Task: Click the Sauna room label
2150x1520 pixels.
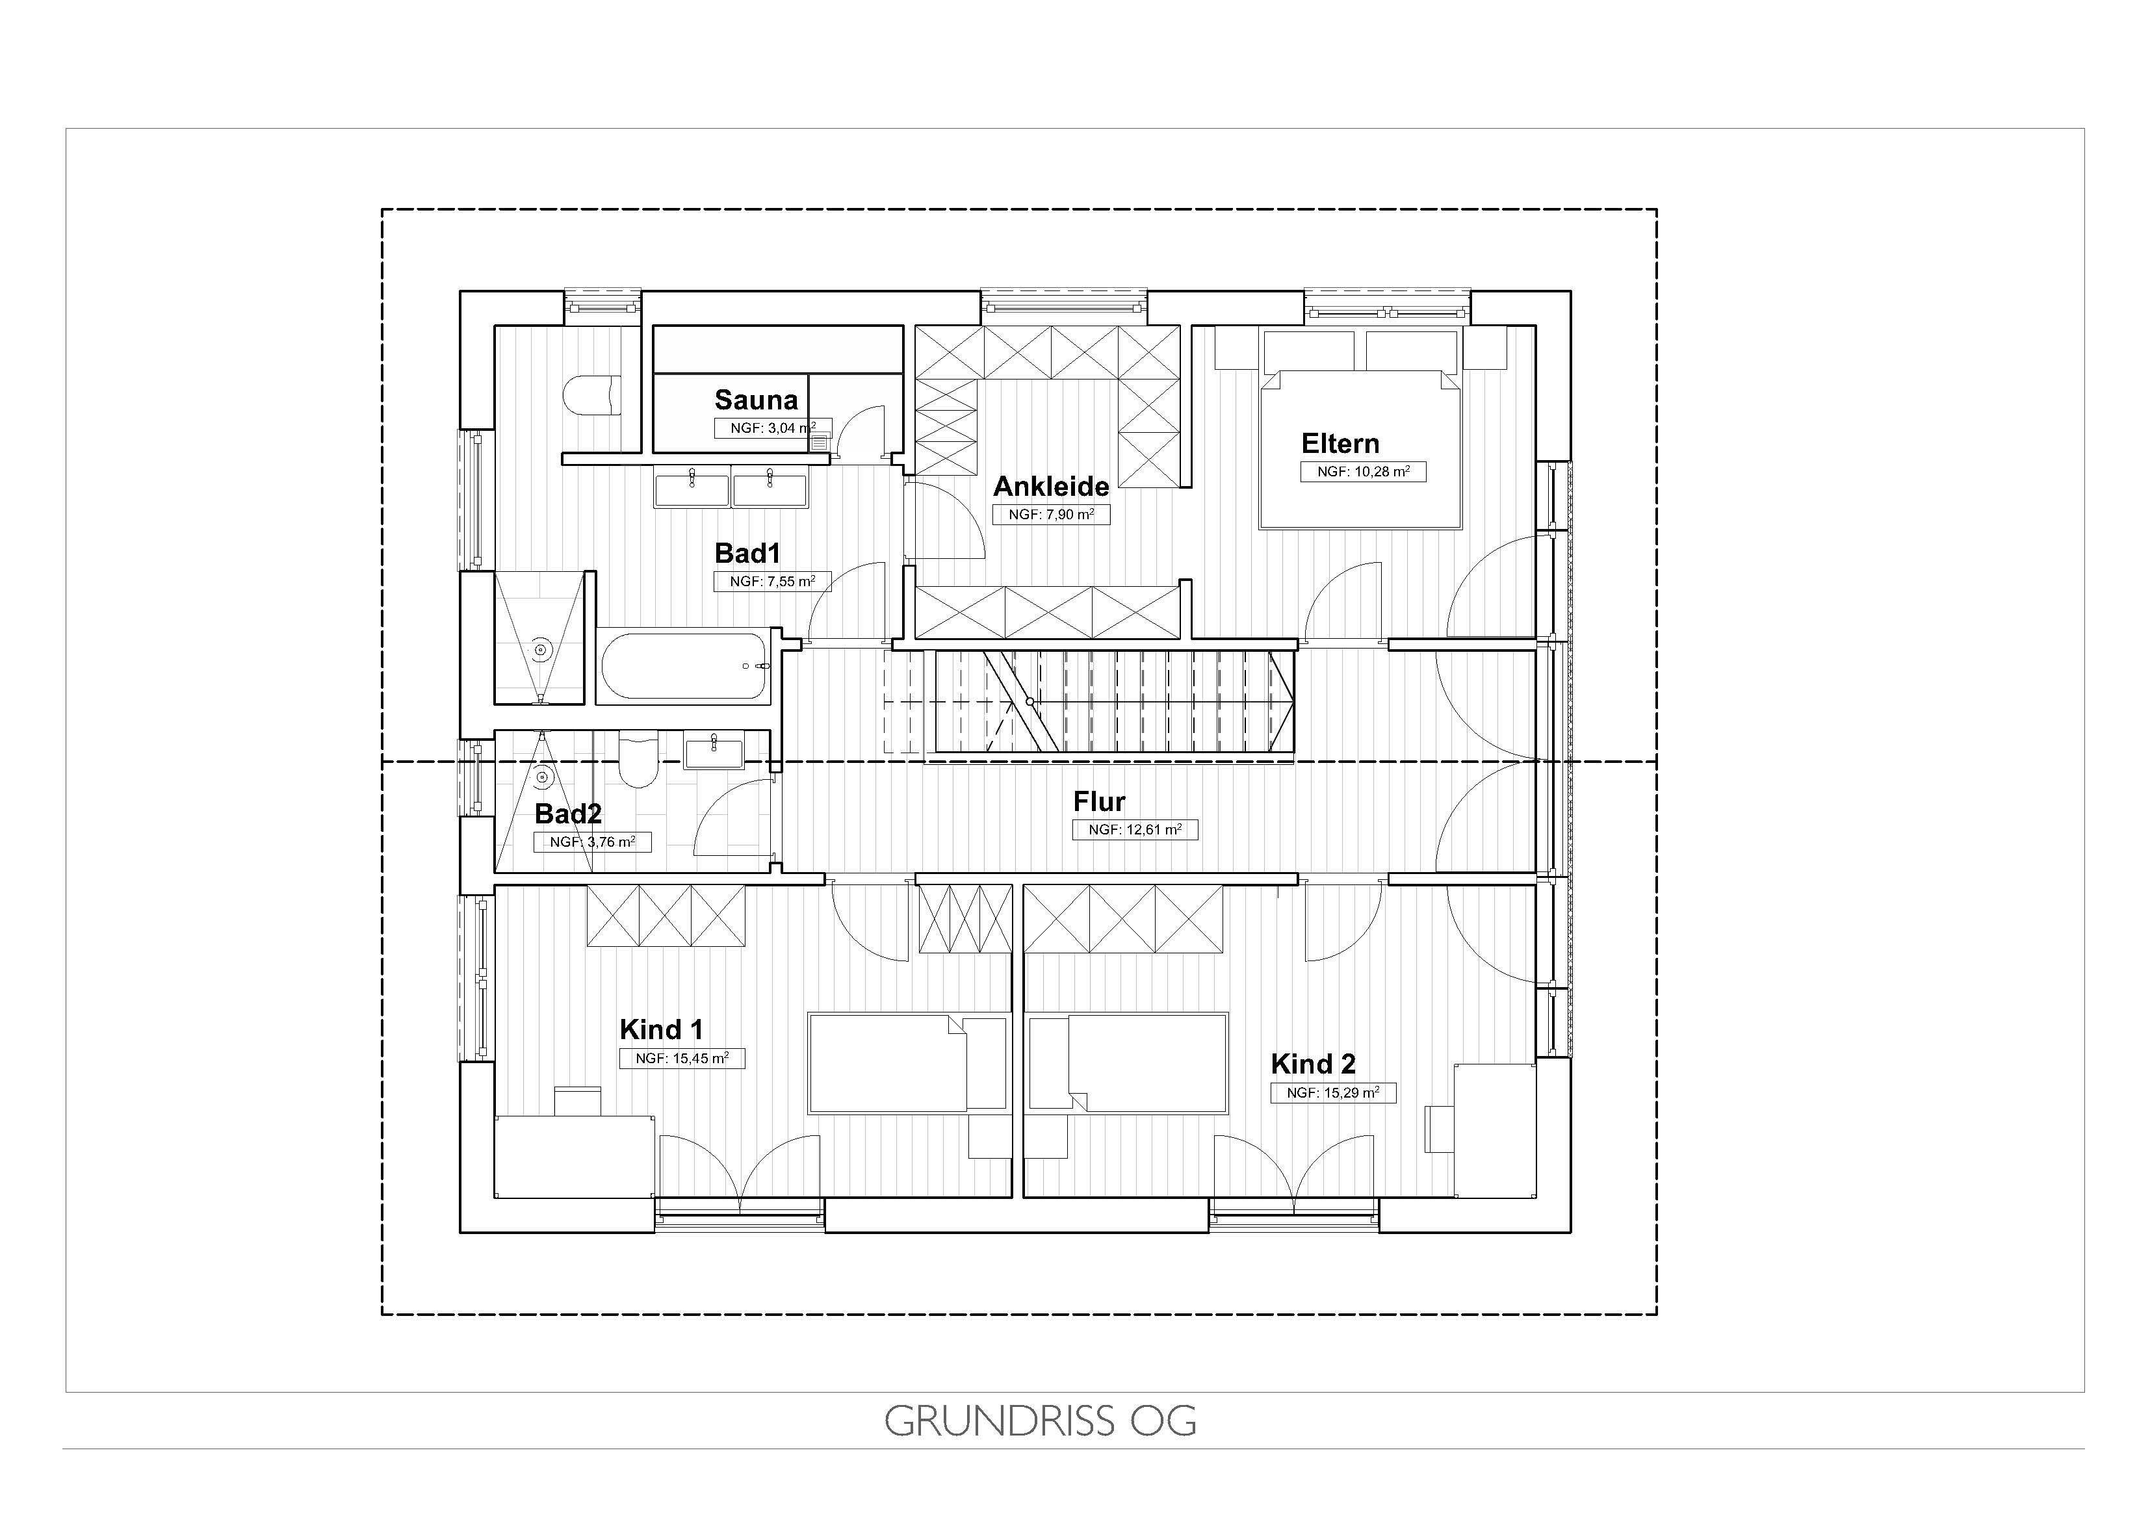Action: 756,400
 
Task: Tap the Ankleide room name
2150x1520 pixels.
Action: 1051,486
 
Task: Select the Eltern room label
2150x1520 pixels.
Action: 1340,443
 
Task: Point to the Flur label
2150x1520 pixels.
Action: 1099,802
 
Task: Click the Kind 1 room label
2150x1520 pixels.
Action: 661,1029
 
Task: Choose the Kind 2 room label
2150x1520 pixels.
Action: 1313,1064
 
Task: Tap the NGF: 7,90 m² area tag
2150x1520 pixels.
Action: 1052,514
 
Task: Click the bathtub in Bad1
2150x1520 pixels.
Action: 684,666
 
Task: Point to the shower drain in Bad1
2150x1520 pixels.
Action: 540,649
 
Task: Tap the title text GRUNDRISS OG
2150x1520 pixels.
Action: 1041,1421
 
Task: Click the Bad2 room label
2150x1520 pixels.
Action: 567,814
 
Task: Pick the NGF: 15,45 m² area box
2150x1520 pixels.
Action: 682,1059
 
